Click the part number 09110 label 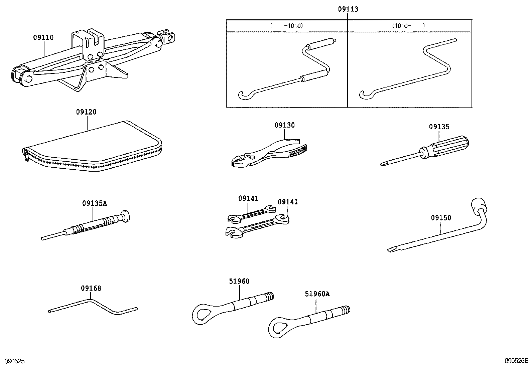[x=43, y=38]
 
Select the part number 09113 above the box [x=348, y=9]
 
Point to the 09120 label [x=86, y=112]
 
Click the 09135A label [x=95, y=203]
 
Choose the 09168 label [x=91, y=288]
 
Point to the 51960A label [x=317, y=294]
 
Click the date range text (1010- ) [x=409, y=25]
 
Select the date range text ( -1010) [x=286, y=25]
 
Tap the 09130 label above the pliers [x=285, y=125]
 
